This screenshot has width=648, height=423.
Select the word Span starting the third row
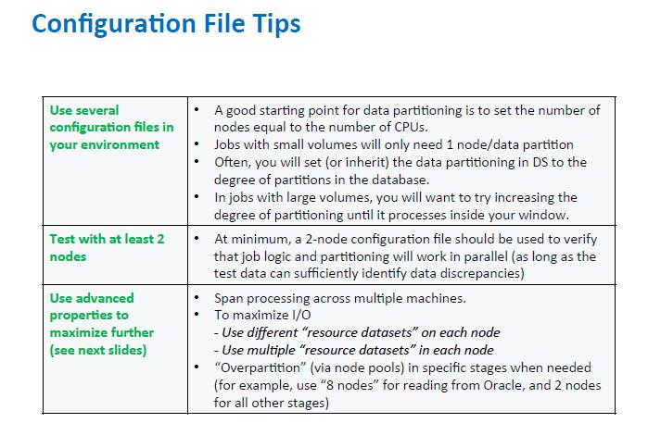tap(230, 299)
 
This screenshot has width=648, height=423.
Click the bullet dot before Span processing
tap(197, 299)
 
